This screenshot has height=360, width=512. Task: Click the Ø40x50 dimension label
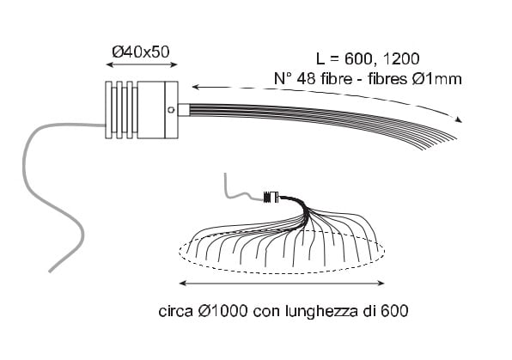(x=141, y=52)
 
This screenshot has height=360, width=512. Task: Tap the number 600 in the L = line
(x=358, y=58)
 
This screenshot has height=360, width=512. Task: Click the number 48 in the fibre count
(x=307, y=79)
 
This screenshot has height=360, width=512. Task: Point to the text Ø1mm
(x=437, y=79)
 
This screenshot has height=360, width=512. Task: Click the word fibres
(x=388, y=79)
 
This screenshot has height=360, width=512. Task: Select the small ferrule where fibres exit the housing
(x=184, y=110)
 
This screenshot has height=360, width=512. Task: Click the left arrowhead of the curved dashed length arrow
(x=196, y=87)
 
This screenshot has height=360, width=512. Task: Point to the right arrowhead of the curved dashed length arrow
(x=459, y=119)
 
